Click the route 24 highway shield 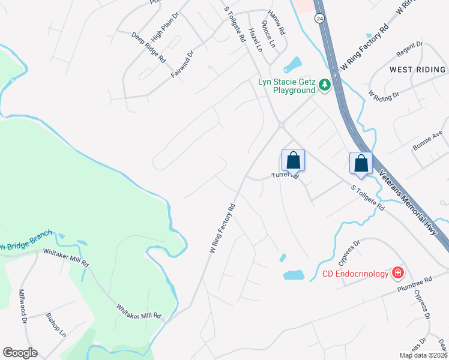320,18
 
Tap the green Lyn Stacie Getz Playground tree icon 325,85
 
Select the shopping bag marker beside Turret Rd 293,161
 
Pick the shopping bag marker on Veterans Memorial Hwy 361,164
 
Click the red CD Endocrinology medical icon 397,274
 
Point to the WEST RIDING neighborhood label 418,70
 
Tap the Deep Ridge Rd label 148,47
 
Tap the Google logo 20,353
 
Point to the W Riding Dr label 384,96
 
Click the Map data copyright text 423,355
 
